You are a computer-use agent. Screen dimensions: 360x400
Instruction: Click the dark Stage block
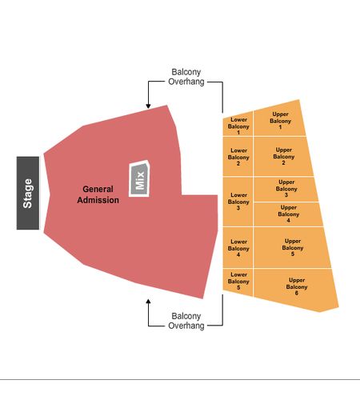(x=28, y=193)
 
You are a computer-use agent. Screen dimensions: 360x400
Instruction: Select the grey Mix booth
(x=139, y=179)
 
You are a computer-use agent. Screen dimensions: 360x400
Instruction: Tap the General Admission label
(x=98, y=194)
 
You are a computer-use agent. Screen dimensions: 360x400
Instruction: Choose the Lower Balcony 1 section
(x=238, y=124)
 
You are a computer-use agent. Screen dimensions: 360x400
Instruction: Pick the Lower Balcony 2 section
(x=238, y=157)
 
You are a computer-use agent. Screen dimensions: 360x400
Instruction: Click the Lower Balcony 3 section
(x=238, y=202)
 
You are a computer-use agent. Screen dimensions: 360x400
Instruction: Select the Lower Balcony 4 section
(x=238, y=248)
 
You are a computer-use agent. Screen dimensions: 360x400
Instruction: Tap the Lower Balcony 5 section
(x=238, y=282)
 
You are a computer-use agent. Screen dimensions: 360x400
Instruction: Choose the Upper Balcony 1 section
(x=279, y=119)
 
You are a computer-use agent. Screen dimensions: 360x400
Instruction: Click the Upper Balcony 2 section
(x=283, y=156)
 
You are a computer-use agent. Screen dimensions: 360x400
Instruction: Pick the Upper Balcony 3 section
(x=286, y=189)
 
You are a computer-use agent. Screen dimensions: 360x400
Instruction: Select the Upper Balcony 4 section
(x=287, y=214)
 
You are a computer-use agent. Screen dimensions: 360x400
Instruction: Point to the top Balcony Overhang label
(x=186, y=77)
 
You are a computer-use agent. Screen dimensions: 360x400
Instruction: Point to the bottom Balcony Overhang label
(x=186, y=321)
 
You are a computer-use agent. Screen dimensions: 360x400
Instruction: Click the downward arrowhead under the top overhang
(x=148, y=106)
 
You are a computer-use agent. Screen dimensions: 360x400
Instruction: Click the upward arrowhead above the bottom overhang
(x=148, y=302)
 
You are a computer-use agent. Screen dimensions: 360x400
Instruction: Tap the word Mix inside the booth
(x=140, y=181)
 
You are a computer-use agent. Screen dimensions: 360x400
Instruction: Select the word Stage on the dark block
(x=28, y=194)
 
